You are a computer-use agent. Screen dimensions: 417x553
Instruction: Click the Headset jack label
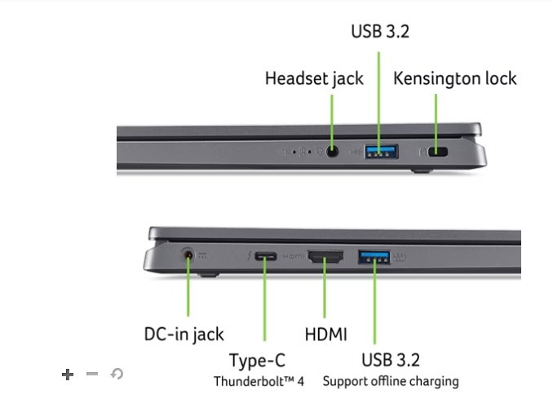(314, 79)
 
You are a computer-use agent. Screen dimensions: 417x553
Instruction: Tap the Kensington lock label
(455, 79)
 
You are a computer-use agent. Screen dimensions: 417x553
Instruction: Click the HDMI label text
(325, 334)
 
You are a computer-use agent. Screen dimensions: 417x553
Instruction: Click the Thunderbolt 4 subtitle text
(259, 381)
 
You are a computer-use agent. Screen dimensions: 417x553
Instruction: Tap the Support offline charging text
(390, 381)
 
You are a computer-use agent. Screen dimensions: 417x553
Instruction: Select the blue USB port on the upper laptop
(380, 151)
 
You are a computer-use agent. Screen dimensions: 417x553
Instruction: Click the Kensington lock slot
(439, 152)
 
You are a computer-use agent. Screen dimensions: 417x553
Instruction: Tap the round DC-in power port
(190, 256)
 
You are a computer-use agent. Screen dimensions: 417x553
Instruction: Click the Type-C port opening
(265, 257)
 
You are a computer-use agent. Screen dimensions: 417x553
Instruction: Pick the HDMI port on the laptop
(325, 258)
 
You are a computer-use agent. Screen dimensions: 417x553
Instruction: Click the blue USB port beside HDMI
(375, 258)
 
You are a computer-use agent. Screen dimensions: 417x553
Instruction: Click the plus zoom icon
(68, 374)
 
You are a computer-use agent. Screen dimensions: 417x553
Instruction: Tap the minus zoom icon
(92, 374)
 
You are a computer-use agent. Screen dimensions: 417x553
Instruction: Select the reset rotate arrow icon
(117, 374)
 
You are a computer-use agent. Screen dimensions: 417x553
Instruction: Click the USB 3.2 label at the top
(379, 32)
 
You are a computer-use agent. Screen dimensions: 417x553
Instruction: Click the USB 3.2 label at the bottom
(390, 360)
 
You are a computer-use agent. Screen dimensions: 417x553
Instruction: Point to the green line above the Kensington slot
(436, 118)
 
